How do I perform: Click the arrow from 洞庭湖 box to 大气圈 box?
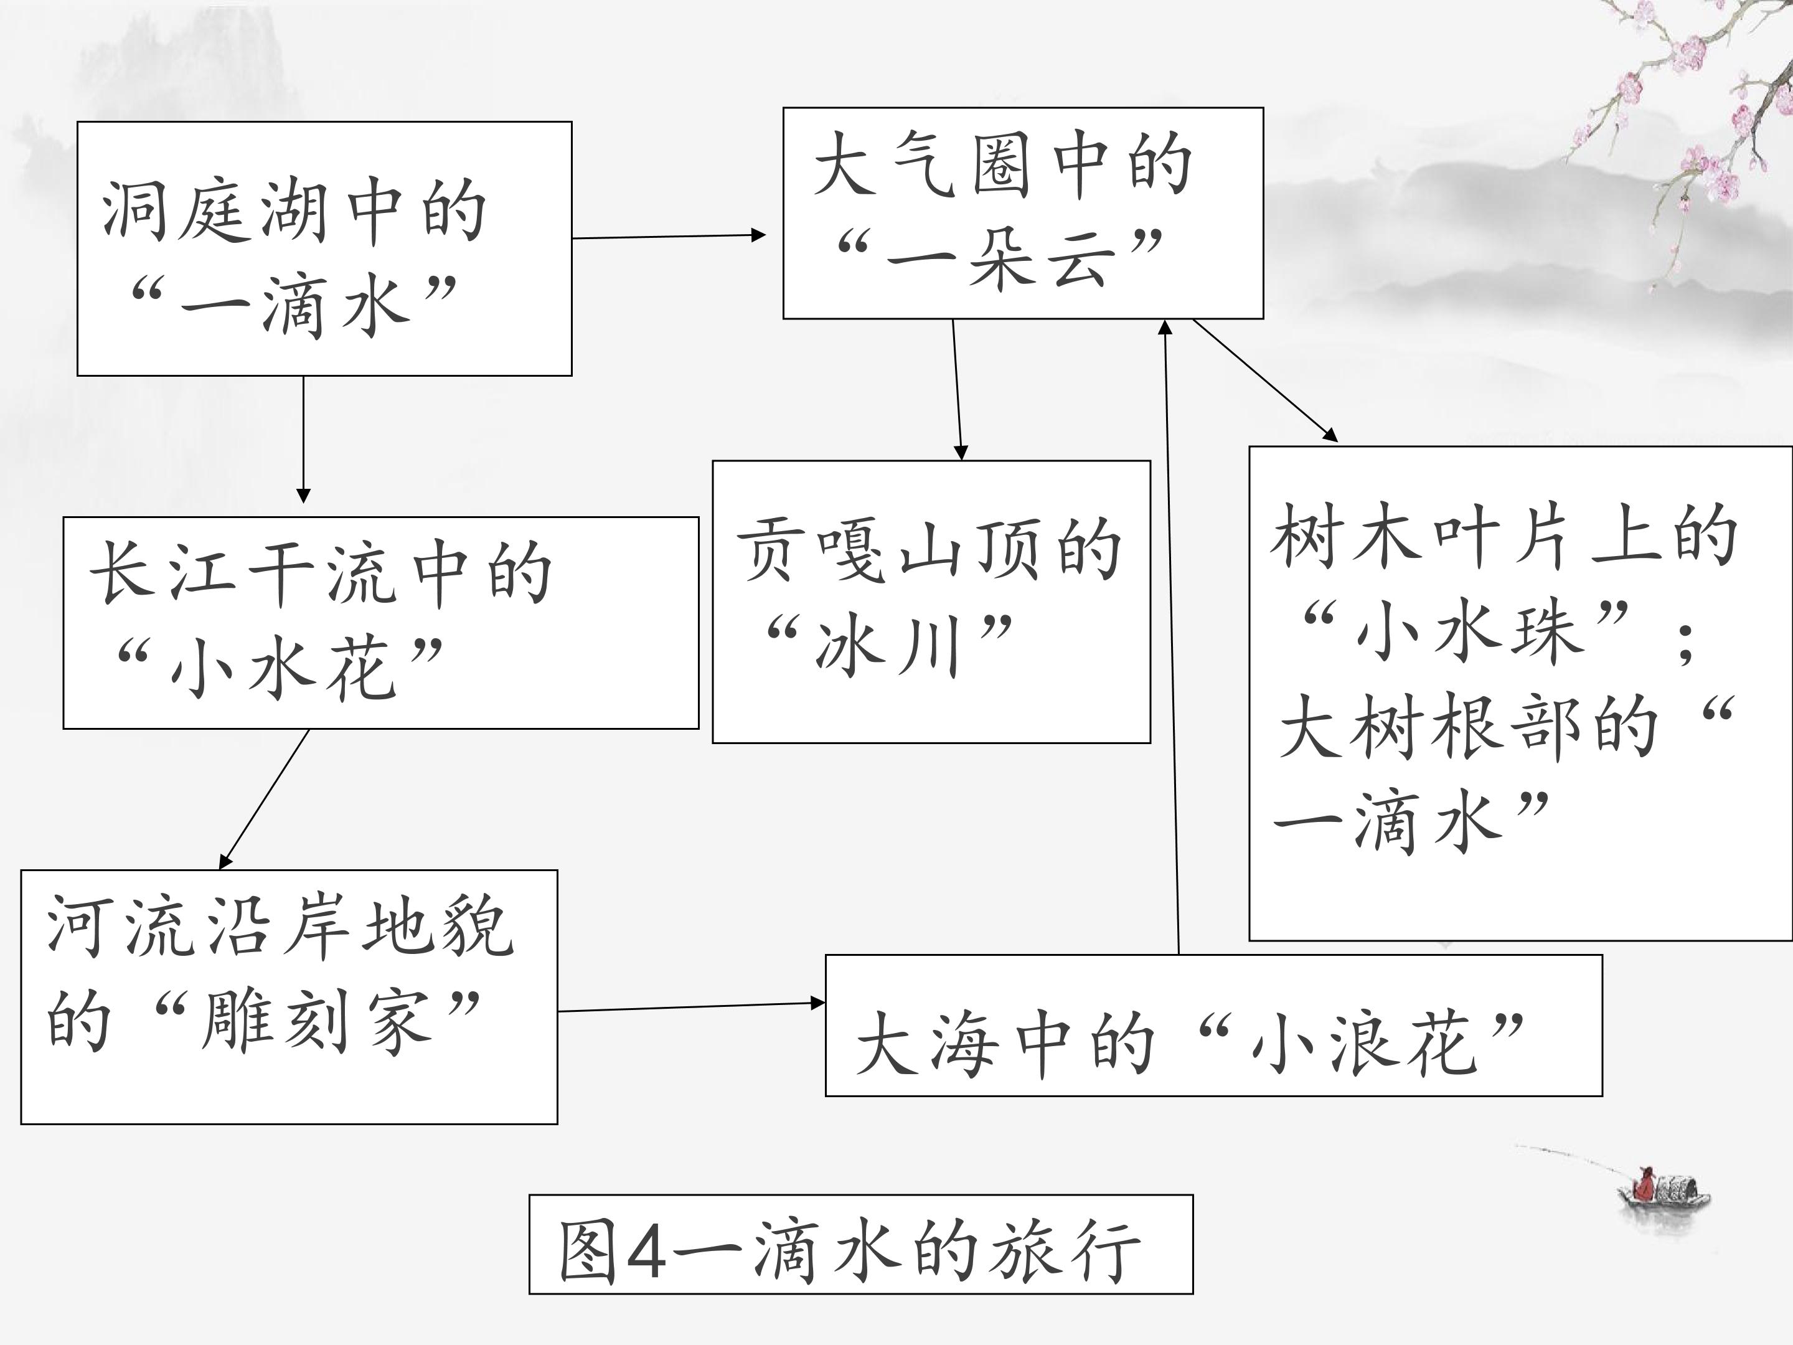[669, 237]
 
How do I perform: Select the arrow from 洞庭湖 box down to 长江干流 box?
[304, 440]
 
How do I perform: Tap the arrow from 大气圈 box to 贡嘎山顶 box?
[958, 390]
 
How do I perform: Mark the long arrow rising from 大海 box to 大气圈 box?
[1171, 636]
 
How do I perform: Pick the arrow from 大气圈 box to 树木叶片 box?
[1264, 380]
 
